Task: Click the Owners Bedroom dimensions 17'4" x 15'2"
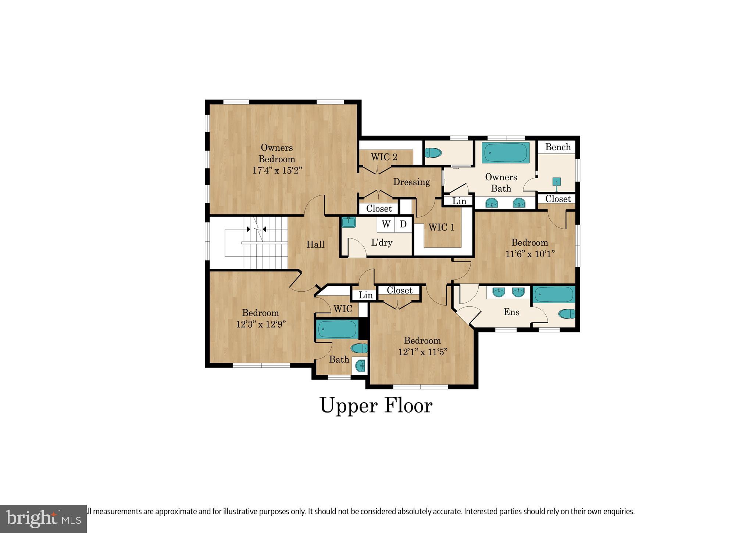pos(277,171)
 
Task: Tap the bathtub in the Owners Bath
pos(506,152)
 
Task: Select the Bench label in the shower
pos(558,147)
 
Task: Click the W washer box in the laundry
pos(386,224)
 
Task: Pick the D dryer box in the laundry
pos(403,224)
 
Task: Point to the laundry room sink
pos(348,222)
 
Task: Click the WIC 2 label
pos(384,157)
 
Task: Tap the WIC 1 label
pos(441,227)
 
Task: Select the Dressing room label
pos(411,182)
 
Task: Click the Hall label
pos(315,244)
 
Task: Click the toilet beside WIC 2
pos(433,152)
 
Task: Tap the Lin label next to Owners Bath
pos(459,201)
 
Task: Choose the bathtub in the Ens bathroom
pos(554,294)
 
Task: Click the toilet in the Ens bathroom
pos(567,314)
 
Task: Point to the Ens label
pos(511,312)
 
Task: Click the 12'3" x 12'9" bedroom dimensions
pos(261,324)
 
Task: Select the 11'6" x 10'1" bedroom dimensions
pos(530,254)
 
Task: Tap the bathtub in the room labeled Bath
pos(337,329)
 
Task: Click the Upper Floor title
pos(376,406)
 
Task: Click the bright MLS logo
pos(43,519)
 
